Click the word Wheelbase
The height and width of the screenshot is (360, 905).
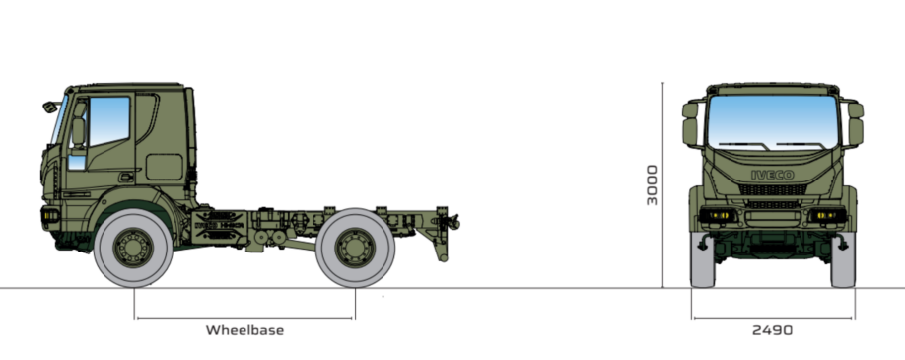point(244,330)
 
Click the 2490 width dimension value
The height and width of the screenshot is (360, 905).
point(772,330)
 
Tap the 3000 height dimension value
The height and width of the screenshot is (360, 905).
point(652,184)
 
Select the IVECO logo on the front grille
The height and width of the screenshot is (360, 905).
point(772,175)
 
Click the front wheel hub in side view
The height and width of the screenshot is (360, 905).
point(133,248)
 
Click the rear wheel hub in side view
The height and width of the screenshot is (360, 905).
point(355,248)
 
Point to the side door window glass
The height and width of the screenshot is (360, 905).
point(108,120)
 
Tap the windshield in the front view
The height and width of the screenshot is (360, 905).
point(772,122)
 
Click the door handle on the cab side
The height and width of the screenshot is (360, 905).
point(126,177)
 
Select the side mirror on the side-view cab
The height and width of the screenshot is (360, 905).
point(50,107)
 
